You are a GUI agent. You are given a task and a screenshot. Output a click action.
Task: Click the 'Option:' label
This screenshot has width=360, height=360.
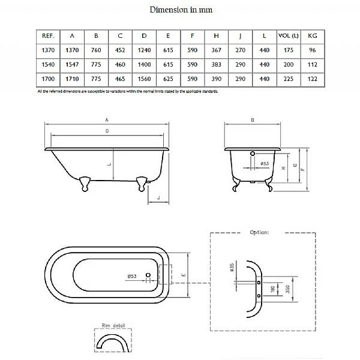(259, 232)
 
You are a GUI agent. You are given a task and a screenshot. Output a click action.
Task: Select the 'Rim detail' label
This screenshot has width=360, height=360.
(106, 327)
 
